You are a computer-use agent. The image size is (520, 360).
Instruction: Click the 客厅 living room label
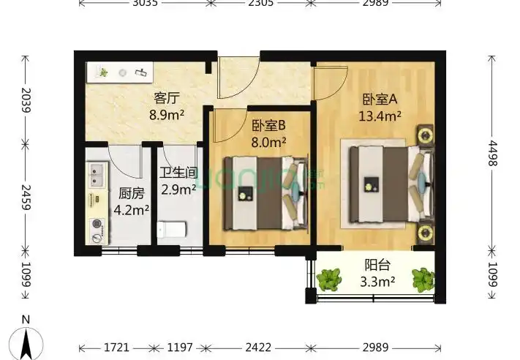coord(167,97)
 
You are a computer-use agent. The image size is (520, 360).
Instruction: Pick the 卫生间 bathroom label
coord(178,173)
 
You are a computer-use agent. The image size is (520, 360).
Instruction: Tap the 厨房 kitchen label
coord(132,195)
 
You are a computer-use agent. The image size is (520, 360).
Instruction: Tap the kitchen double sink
coord(96,173)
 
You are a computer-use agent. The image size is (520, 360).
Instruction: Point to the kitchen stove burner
coord(96,225)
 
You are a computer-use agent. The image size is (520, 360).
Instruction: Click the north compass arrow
coord(26,341)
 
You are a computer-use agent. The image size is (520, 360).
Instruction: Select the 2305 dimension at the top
coord(261,4)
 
